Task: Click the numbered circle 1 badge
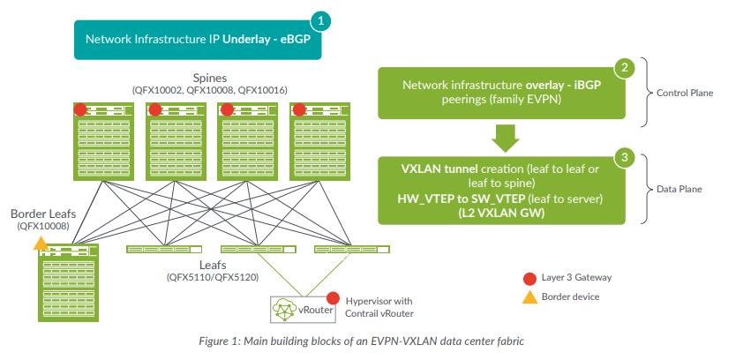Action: coord(320,21)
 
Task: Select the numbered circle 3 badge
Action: coord(624,158)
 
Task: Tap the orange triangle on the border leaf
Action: coord(41,244)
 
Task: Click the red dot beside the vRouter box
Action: coord(333,298)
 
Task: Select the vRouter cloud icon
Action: coord(285,309)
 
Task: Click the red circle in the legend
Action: coord(529,279)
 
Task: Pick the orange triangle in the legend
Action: coord(529,297)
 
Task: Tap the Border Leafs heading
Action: coord(43,214)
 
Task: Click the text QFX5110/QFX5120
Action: coord(213,277)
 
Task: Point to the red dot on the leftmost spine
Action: coord(80,109)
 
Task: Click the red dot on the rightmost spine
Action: coord(299,109)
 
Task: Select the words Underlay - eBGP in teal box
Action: coord(267,39)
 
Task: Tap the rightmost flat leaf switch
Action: coord(351,249)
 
